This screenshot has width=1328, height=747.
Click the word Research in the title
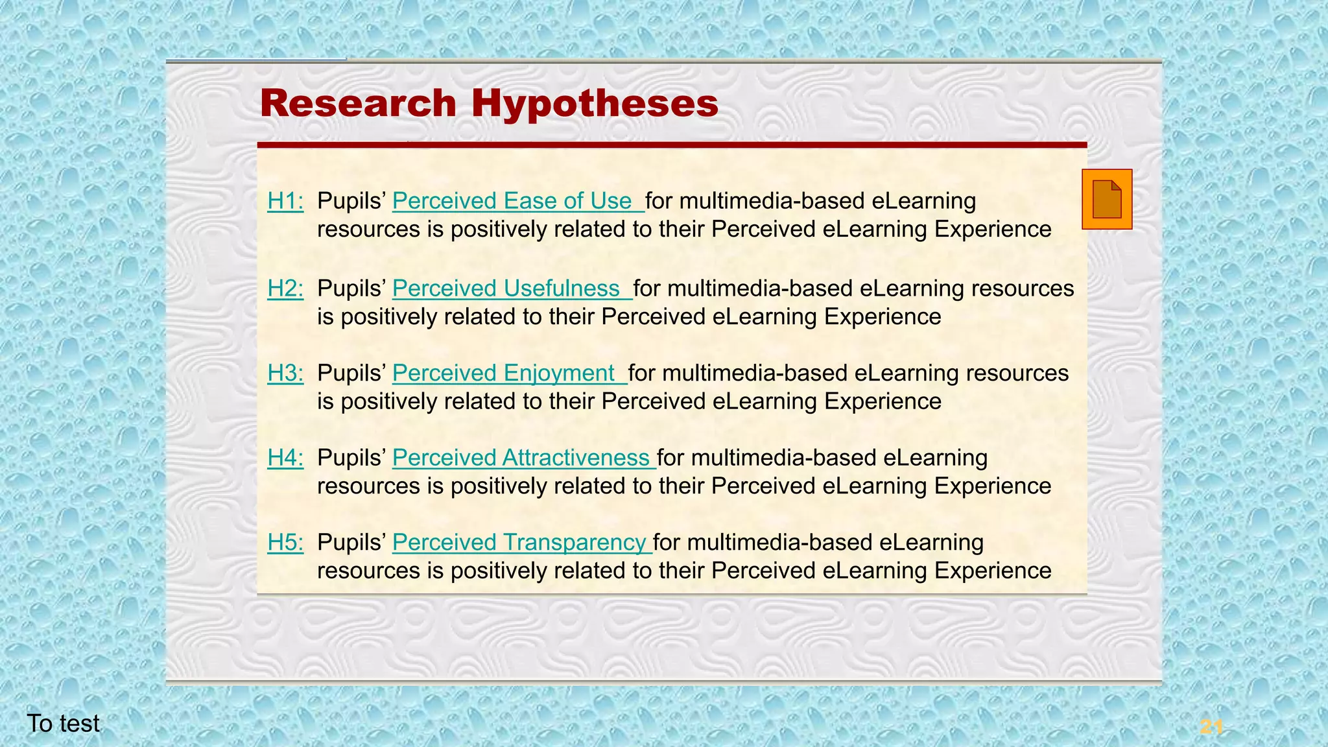358,104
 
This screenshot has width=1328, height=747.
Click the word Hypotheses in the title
595,104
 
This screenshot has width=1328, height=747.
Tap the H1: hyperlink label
285,201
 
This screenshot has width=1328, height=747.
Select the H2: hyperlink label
285,289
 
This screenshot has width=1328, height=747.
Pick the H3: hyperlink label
285,373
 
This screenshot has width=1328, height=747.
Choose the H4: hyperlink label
285,458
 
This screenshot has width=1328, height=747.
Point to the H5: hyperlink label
285,542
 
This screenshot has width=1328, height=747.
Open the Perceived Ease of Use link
512,201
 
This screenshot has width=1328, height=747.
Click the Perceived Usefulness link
506,289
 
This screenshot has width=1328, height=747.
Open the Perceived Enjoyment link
503,373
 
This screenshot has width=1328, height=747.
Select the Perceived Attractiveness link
520,458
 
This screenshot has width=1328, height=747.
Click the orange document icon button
1107,199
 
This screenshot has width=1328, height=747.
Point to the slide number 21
1211,727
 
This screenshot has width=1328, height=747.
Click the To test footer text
64,724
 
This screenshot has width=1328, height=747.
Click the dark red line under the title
672,145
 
